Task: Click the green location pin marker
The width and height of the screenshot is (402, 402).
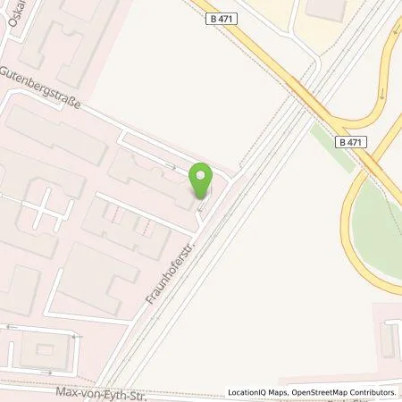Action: [203, 180]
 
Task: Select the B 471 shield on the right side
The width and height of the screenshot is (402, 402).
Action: [354, 142]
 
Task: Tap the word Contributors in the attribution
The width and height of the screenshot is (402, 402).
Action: [375, 392]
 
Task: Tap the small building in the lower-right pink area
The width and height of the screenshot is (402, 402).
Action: [388, 337]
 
